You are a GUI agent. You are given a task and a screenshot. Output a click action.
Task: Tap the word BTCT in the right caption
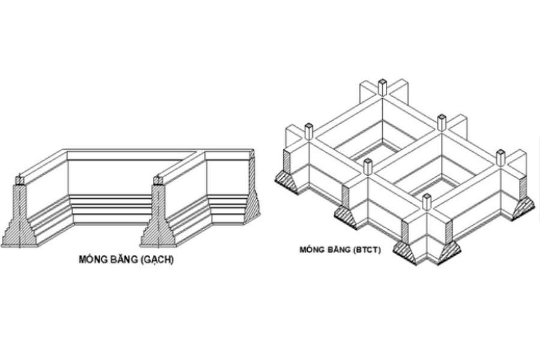(x=367, y=250)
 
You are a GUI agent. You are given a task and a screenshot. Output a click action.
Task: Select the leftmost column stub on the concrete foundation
(x=309, y=131)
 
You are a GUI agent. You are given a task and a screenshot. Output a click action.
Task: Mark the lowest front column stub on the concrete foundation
(x=427, y=202)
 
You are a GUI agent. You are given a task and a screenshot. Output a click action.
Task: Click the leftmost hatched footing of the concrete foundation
(x=288, y=181)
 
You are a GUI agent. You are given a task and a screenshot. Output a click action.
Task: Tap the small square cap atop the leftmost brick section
(x=20, y=180)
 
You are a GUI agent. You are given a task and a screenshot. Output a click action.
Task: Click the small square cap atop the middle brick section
(x=158, y=180)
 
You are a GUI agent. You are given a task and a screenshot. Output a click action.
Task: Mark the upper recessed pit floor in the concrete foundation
(x=376, y=148)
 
